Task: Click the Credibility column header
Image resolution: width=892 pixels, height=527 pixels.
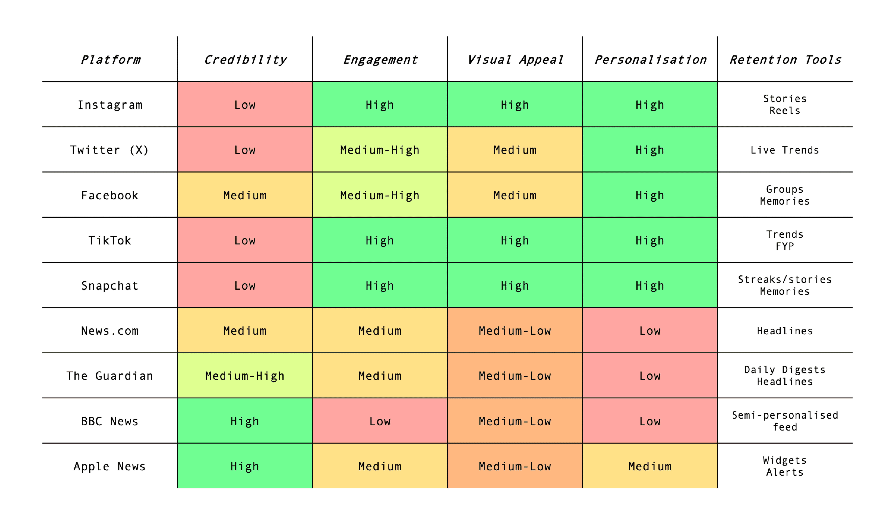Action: pyautogui.click(x=245, y=60)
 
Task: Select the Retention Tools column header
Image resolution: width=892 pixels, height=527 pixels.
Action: pyautogui.click(x=785, y=60)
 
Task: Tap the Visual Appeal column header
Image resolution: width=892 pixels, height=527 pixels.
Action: pyautogui.click(x=515, y=60)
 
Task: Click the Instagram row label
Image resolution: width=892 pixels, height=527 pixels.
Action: pyautogui.click(x=110, y=105)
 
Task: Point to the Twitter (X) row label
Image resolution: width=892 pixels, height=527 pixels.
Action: pyautogui.click(x=109, y=150)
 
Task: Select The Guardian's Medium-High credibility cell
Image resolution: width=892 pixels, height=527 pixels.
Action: pyautogui.click(x=245, y=376)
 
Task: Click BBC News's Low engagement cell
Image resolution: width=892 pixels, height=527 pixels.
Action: pyautogui.click(x=380, y=421)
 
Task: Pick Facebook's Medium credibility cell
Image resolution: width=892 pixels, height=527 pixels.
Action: pyautogui.click(x=245, y=195)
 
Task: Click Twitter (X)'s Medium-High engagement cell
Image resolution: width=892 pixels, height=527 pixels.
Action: pyautogui.click(x=380, y=150)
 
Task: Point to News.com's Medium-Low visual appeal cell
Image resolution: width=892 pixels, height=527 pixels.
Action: pyautogui.click(x=515, y=331)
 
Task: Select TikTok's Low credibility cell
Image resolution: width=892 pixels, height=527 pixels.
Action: pyautogui.click(x=245, y=240)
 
